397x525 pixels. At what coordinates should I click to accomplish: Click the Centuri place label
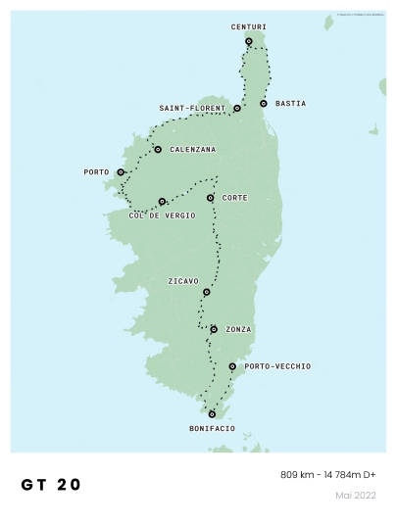[248, 27]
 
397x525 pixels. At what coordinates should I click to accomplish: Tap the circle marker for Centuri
[249, 41]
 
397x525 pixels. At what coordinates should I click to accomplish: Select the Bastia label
[290, 103]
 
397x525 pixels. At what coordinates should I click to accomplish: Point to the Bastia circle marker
[264, 103]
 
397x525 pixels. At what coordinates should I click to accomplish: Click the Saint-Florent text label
[192, 108]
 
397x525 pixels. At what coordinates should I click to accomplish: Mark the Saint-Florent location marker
[237, 108]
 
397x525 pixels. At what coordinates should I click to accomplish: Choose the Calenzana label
[192, 150]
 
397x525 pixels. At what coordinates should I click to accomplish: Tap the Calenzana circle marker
[158, 149]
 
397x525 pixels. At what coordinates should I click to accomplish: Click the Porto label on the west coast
[96, 172]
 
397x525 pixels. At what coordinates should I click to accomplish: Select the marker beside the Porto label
[121, 172]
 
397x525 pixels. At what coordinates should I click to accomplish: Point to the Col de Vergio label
[162, 215]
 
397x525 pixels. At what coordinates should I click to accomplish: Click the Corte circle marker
[211, 198]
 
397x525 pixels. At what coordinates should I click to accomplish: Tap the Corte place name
[235, 198]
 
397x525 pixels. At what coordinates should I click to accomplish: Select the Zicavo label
[183, 281]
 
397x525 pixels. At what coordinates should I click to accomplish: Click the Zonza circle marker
[214, 329]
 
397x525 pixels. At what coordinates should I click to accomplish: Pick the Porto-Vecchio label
[277, 366]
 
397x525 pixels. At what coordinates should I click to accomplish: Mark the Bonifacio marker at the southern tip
[212, 414]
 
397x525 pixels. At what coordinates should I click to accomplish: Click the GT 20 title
[51, 485]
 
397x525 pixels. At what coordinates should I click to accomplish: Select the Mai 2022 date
[356, 496]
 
